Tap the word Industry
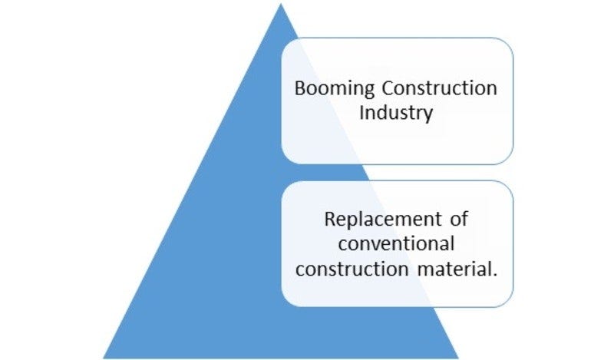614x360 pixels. click(x=397, y=113)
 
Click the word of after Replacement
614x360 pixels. click(x=459, y=219)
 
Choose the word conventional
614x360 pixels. click(x=397, y=244)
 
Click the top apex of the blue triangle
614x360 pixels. click(x=281, y=5)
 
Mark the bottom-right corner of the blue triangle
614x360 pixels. click(x=458, y=357)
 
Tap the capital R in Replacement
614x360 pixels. click(x=330, y=219)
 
